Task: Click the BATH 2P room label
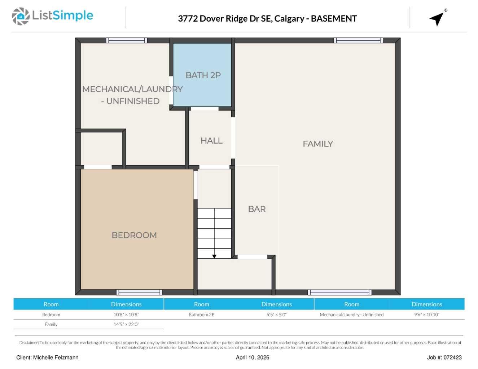tap(203, 75)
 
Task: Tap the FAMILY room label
tap(317, 144)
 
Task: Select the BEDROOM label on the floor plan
tap(134, 235)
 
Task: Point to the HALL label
tap(211, 141)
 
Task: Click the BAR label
tap(256, 209)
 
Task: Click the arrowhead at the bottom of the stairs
tap(214, 256)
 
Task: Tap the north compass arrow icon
tap(437, 18)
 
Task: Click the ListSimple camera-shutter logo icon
tap(21, 16)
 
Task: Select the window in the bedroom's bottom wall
tap(139, 292)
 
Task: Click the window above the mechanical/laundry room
tap(126, 40)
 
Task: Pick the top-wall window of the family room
tap(358, 40)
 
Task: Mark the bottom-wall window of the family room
tap(339, 292)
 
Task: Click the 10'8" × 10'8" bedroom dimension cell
tap(126, 315)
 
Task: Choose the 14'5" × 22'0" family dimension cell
tap(126, 324)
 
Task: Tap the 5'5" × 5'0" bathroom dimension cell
tap(276, 315)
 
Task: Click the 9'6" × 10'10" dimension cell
tap(426, 315)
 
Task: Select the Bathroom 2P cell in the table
tap(201, 315)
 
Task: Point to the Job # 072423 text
tap(444, 357)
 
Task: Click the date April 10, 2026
tap(252, 357)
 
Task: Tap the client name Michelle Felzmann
tap(56, 357)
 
